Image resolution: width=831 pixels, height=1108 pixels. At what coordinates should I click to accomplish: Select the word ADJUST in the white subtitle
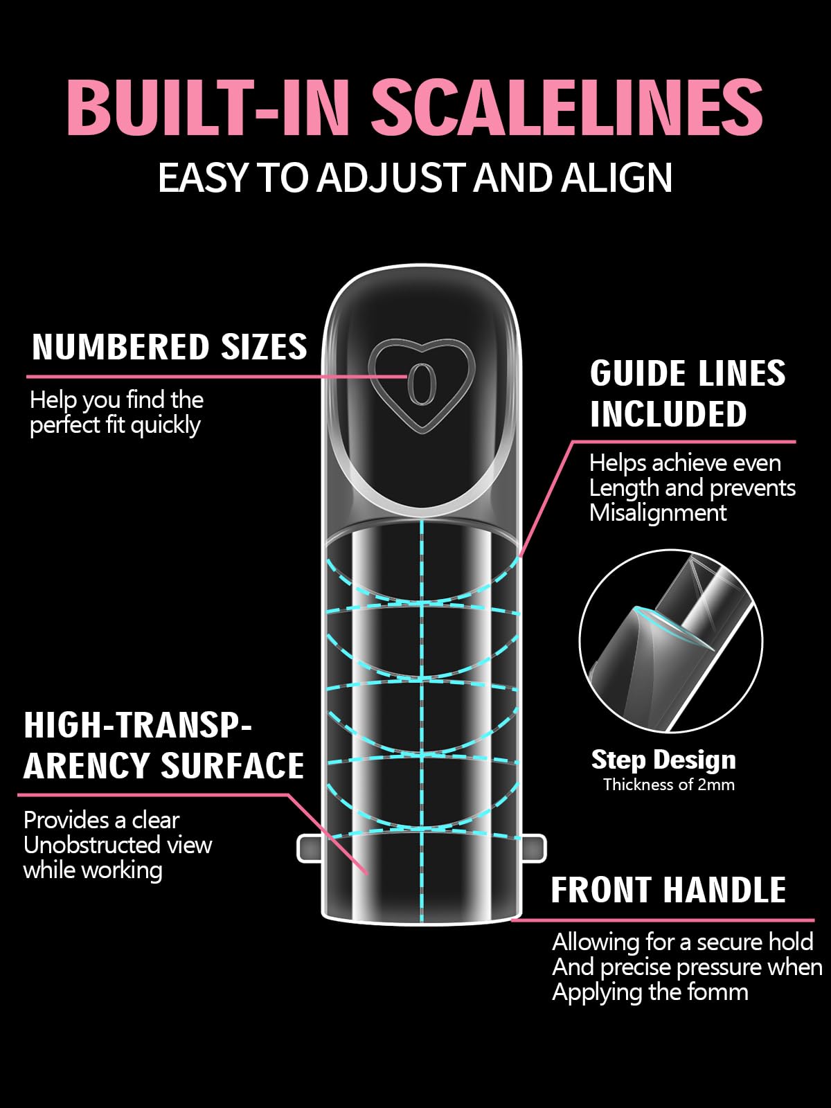(389, 179)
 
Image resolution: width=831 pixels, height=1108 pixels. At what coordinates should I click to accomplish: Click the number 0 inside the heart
(421, 384)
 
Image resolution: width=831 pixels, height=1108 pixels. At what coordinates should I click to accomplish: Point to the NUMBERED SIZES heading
(170, 347)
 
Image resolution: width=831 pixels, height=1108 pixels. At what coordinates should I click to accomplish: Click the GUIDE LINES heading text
(688, 373)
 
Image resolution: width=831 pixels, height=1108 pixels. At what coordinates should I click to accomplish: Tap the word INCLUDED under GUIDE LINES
(668, 414)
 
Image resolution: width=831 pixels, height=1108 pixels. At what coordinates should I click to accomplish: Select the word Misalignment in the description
(658, 513)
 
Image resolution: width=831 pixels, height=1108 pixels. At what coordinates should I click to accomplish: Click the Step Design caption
(663, 760)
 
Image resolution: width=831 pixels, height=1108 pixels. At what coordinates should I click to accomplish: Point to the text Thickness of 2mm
(669, 785)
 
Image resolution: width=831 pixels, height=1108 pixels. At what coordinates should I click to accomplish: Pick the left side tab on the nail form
(309, 848)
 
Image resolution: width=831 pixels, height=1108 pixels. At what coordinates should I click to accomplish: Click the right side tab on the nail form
(535, 848)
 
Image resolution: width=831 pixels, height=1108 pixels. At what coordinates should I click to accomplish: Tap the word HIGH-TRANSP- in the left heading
(137, 725)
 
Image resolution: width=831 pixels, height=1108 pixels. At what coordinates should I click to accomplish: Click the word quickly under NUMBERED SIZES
(166, 425)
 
